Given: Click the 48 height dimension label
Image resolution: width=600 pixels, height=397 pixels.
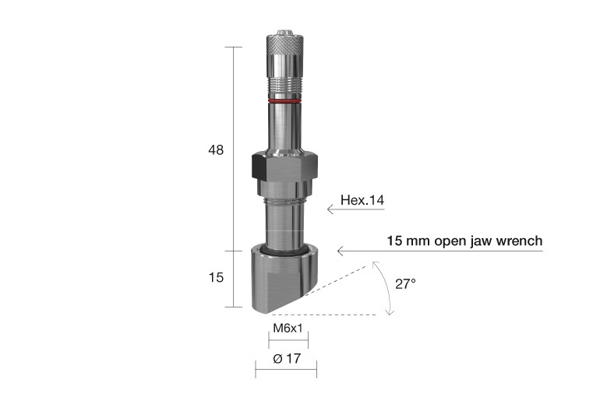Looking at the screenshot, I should [216, 150].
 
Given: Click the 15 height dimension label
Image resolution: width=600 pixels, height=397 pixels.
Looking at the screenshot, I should [216, 277].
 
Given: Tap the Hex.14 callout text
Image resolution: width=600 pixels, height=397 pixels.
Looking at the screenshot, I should [362, 201].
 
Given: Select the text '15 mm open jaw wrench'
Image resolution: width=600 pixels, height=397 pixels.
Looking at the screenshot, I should [464, 241].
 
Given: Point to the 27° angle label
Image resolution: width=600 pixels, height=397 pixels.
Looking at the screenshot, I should [405, 284].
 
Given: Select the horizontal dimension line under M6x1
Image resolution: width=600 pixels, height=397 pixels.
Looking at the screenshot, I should [288, 340].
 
